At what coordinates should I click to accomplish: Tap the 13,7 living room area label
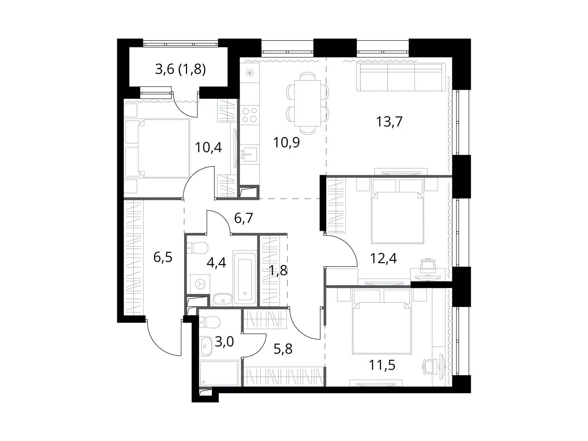click(389, 122)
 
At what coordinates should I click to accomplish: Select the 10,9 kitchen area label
click(286, 142)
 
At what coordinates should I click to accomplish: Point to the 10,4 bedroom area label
click(208, 147)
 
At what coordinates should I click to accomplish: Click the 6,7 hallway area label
click(244, 218)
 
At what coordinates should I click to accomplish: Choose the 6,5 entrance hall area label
click(163, 257)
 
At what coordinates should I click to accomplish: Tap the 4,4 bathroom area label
click(216, 263)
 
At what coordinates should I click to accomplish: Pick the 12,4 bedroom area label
click(383, 258)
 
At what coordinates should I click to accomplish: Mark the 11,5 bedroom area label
click(382, 365)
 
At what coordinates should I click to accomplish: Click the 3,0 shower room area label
click(225, 342)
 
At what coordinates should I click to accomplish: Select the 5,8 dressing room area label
click(283, 349)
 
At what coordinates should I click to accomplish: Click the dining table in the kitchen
click(307, 103)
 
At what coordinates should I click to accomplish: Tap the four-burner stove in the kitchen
click(250, 115)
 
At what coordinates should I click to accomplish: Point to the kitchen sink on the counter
click(250, 154)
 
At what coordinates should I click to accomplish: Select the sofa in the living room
click(401, 77)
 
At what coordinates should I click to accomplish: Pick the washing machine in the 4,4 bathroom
click(200, 284)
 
